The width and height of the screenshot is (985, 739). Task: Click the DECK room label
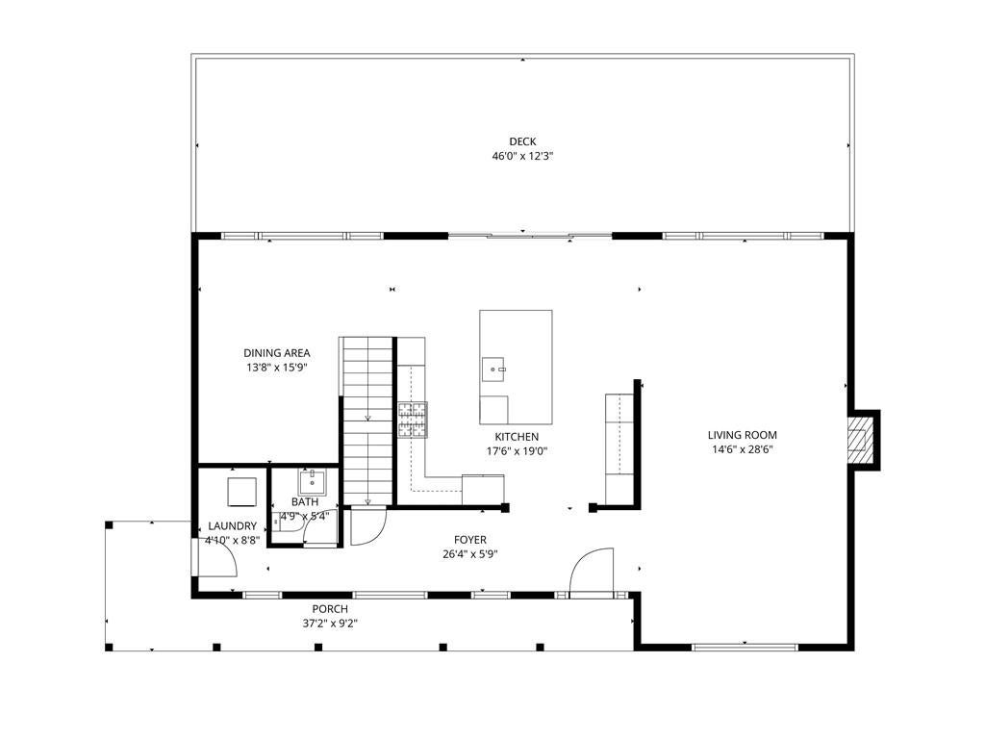click(x=522, y=142)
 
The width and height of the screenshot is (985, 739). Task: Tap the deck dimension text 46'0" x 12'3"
click(x=522, y=157)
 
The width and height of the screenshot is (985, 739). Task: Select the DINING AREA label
click(x=276, y=353)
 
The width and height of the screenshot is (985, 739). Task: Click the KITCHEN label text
click(x=517, y=437)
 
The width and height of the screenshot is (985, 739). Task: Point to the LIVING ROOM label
click(x=742, y=435)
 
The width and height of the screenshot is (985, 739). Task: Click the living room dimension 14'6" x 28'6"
click(x=742, y=449)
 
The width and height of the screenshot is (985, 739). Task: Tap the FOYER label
click(x=470, y=540)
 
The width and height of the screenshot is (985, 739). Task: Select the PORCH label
click(x=330, y=609)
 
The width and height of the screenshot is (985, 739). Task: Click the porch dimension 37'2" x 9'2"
click(x=330, y=624)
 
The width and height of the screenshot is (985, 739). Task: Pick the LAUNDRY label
click(x=233, y=526)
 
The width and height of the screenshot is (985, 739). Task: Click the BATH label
click(x=305, y=502)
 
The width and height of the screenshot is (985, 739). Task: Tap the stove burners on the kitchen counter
click(x=413, y=420)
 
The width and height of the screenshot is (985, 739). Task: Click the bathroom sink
click(x=313, y=482)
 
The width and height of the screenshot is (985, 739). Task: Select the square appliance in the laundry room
click(x=241, y=492)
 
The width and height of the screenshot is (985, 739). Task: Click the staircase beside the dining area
click(x=367, y=421)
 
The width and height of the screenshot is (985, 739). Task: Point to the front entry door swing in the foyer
click(x=592, y=570)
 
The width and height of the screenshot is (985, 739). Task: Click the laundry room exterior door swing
click(x=216, y=557)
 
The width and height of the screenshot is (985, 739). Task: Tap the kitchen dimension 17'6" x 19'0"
click(x=517, y=451)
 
